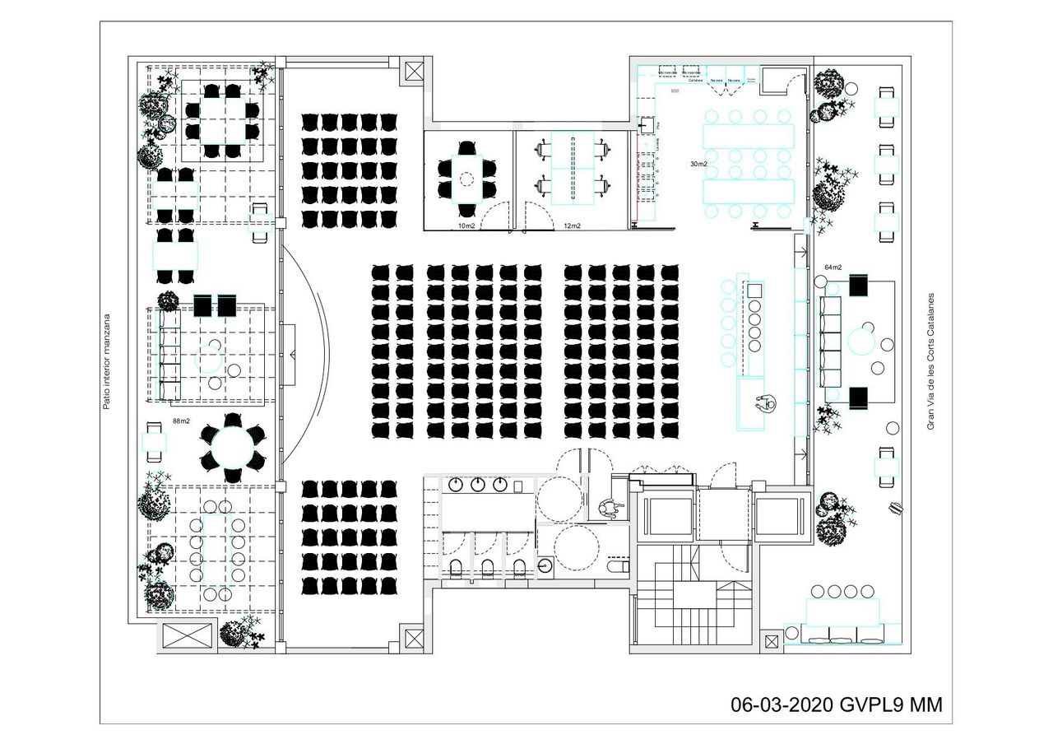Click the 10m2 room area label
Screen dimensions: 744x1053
click(x=466, y=226)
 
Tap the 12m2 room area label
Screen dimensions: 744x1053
click(x=572, y=226)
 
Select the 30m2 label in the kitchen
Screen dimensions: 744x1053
click(x=698, y=164)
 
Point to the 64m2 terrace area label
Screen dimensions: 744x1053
click(x=833, y=267)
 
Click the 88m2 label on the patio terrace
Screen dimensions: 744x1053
click(x=181, y=421)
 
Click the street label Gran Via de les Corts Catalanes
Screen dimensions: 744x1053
click(x=931, y=361)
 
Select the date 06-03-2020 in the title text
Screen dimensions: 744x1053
click(x=782, y=705)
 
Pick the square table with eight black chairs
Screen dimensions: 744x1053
click(x=221, y=120)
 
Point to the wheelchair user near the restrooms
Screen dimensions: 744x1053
click(x=608, y=509)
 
